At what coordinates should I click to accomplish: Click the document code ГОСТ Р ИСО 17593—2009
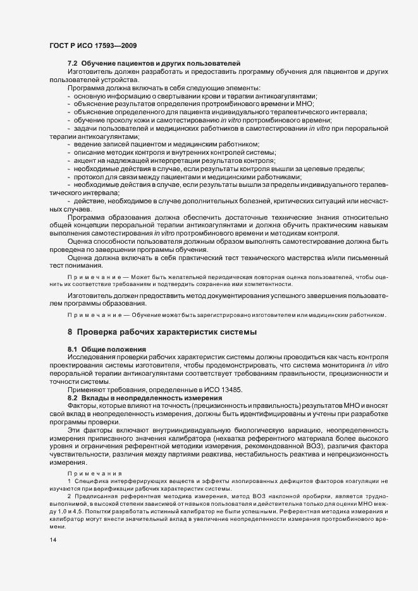tap(92, 46)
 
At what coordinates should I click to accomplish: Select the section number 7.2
tap(73, 64)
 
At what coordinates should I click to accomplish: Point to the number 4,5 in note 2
tap(79, 513)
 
